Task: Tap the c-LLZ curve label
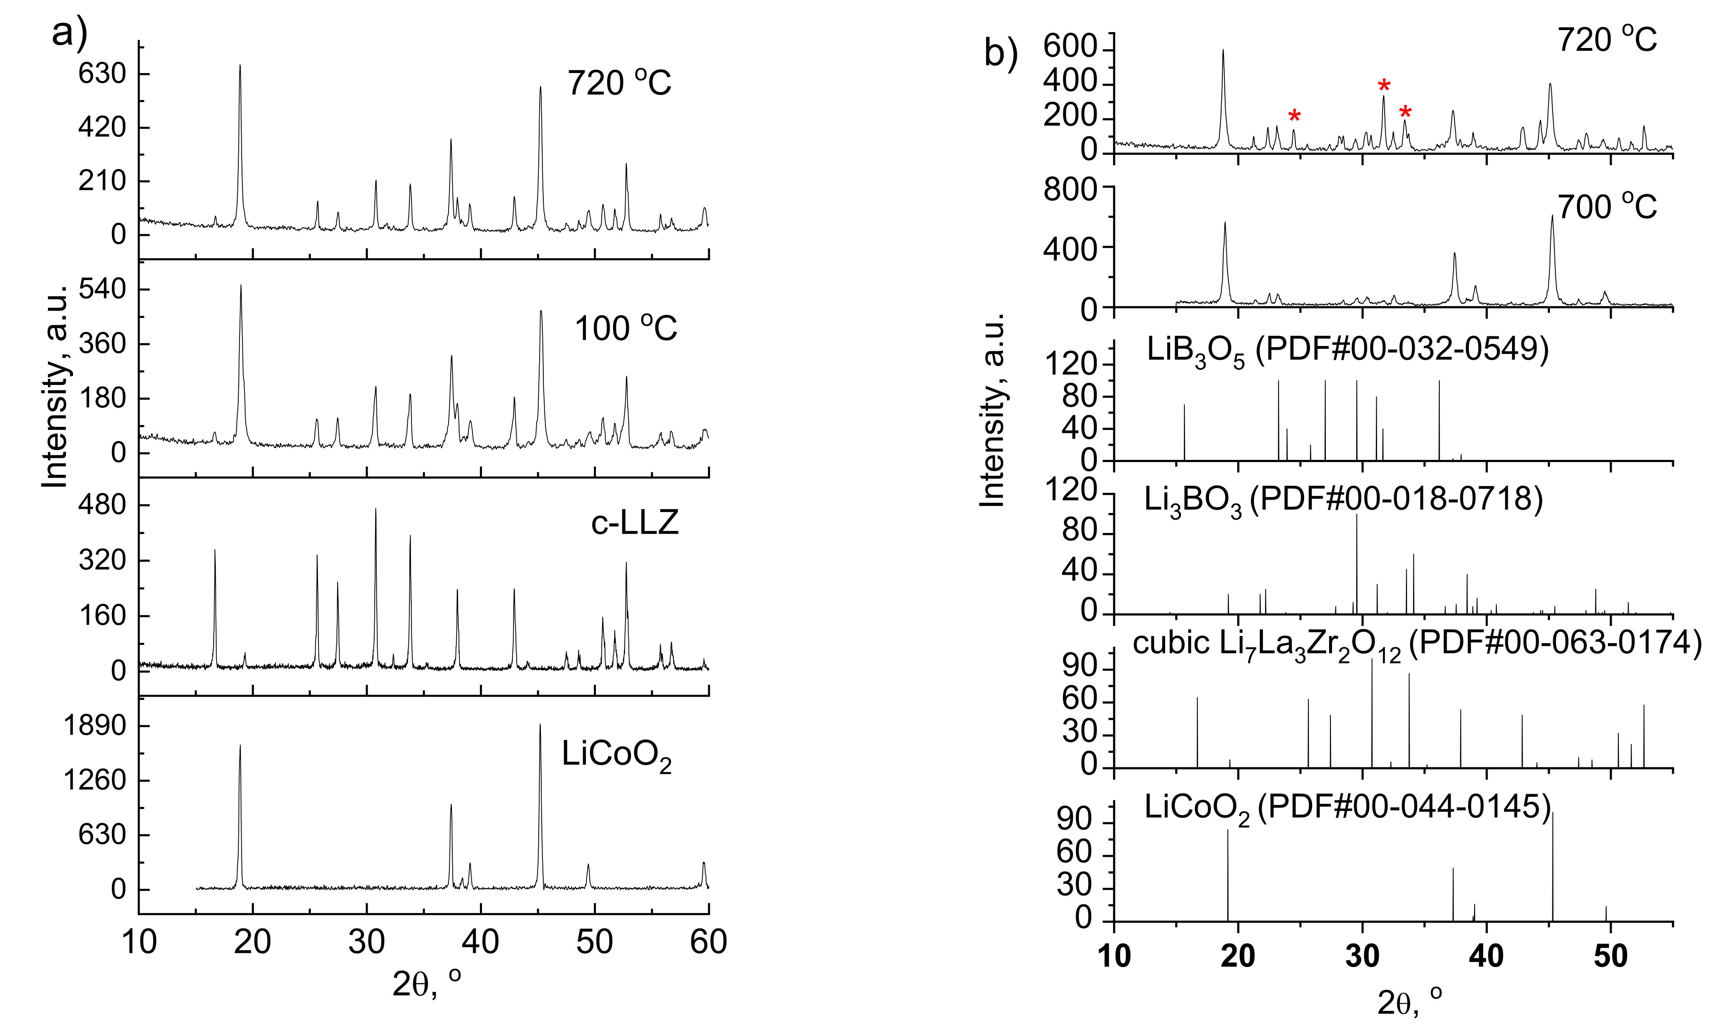(635, 523)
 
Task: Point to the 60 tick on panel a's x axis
(709, 942)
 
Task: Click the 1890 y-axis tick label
(95, 726)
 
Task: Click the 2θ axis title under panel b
(1409, 1003)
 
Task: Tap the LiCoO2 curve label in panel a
(616, 755)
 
